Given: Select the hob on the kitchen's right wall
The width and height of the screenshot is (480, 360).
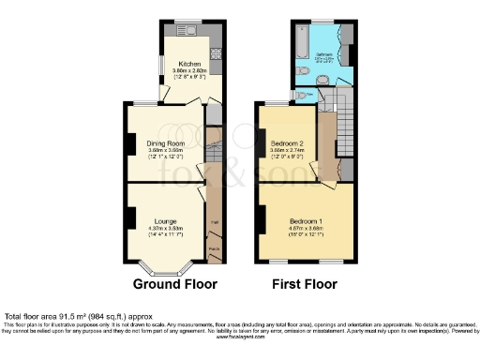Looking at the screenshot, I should [x=216, y=54].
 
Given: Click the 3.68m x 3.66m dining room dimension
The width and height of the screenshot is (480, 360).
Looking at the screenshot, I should [x=165, y=148].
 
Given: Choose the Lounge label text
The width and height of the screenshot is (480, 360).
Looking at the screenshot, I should [x=165, y=221].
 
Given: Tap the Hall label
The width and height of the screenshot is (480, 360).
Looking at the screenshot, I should [x=215, y=221].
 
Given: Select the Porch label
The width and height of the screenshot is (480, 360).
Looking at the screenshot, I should [x=215, y=248].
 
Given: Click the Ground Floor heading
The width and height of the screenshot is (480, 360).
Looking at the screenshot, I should [x=174, y=284].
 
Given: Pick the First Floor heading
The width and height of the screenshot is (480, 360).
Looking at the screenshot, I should [x=306, y=284].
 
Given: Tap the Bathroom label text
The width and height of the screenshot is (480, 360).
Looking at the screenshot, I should [x=324, y=54].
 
